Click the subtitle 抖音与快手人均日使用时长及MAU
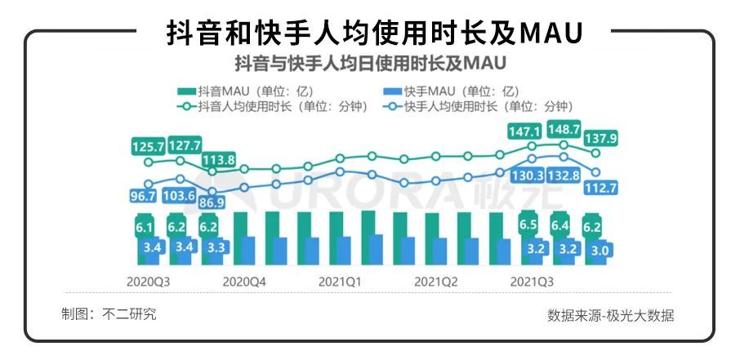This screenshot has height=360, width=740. click(x=370, y=62)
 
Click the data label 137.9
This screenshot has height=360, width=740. click(x=600, y=139)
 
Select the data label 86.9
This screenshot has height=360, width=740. click(x=212, y=201)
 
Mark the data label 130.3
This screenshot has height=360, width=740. click(x=528, y=175)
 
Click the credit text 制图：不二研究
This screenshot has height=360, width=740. click(x=109, y=314)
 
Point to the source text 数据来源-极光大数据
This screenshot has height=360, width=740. click(x=611, y=316)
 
